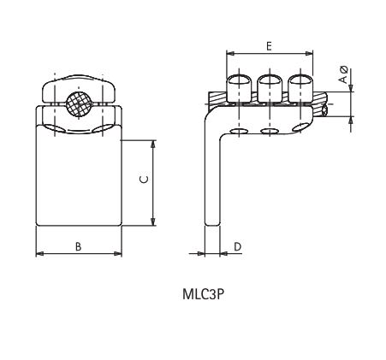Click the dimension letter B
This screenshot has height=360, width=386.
[78, 246]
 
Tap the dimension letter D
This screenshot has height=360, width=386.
[237, 246]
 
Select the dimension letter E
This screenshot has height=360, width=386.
[269, 45]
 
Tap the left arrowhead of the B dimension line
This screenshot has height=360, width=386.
[39, 254]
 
